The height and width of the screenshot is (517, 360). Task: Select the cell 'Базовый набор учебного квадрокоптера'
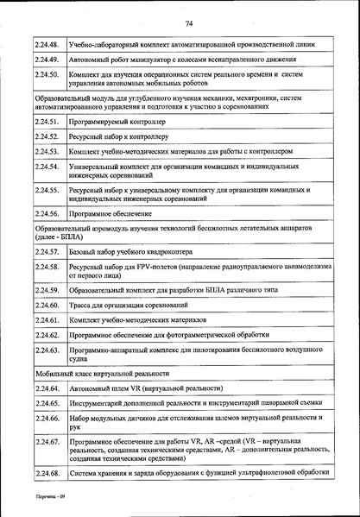[x=129, y=251]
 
